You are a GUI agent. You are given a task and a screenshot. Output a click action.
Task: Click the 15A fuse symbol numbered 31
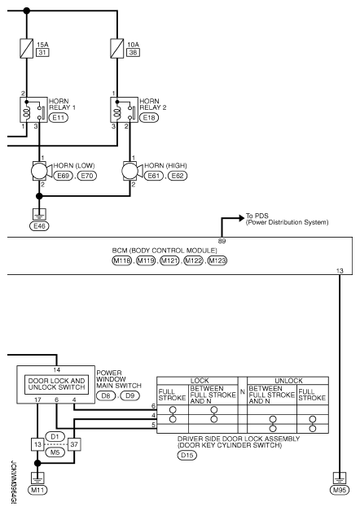coord(26,49)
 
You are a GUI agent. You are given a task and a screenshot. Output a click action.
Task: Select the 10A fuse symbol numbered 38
coord(117,49)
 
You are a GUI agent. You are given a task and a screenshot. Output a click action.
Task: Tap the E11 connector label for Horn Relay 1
coord(59,118)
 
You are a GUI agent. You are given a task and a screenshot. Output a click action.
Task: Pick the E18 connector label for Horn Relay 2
coord(149,118)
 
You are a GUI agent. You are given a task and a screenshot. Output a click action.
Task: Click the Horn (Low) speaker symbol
coord(41,171)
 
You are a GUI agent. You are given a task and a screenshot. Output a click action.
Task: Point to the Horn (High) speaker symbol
coord(132,171)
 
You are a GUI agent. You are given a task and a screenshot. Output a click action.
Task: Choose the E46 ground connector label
coord(39,226)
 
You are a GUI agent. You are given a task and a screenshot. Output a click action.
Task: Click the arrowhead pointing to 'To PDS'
coord(241,218)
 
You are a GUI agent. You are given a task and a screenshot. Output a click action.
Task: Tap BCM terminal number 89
coord(222,241)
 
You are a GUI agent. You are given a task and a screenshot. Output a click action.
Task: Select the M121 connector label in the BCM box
coord(169,260)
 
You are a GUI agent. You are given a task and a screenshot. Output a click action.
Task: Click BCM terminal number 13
coord(340,271)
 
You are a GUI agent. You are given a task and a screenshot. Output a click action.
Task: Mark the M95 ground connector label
coord(340,490)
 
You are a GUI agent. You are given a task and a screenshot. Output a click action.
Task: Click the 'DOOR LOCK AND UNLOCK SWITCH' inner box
coord(56,384)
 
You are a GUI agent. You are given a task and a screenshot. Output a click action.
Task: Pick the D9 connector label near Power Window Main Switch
coord(130,396)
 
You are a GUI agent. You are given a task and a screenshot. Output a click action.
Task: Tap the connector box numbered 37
coord(74,444)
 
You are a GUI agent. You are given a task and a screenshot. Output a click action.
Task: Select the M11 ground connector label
coord(37,490)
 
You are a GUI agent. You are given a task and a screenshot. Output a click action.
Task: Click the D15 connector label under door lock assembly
coord(187,456)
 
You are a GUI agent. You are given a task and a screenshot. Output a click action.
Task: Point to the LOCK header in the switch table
coord(200,381)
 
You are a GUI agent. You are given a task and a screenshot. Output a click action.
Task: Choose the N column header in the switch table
coord(242,391)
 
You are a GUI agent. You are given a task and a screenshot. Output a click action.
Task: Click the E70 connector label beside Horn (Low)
coord(87,176)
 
